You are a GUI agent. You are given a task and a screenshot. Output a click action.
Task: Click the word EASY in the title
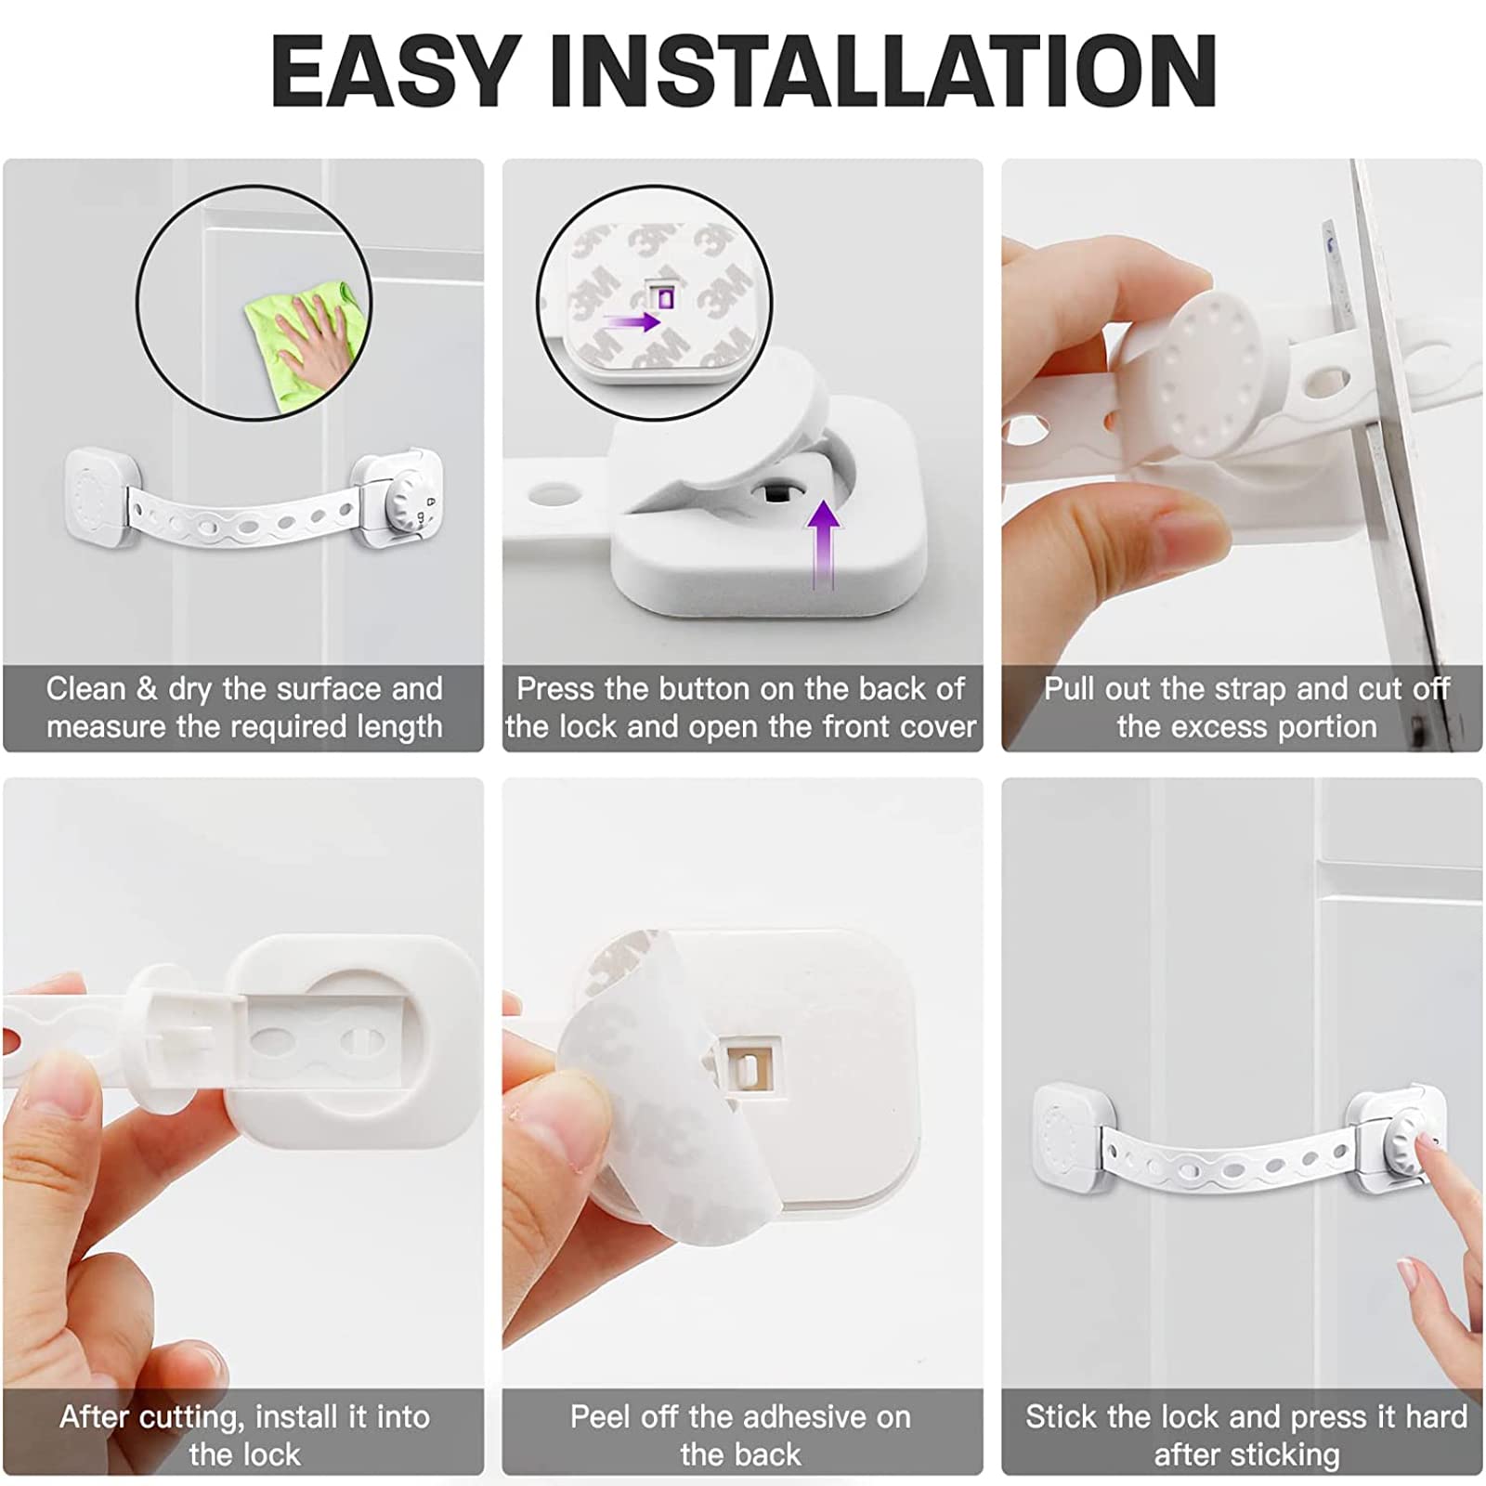[x=395, y=72]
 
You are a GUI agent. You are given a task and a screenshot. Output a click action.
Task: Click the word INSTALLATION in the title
[x=882, y=72]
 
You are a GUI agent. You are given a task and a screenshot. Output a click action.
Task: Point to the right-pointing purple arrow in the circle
[x=632, y=322]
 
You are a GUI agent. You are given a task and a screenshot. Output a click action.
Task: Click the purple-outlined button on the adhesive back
[x=666, y=297]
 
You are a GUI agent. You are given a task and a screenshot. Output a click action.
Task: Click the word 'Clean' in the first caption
[x=85, y=689]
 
